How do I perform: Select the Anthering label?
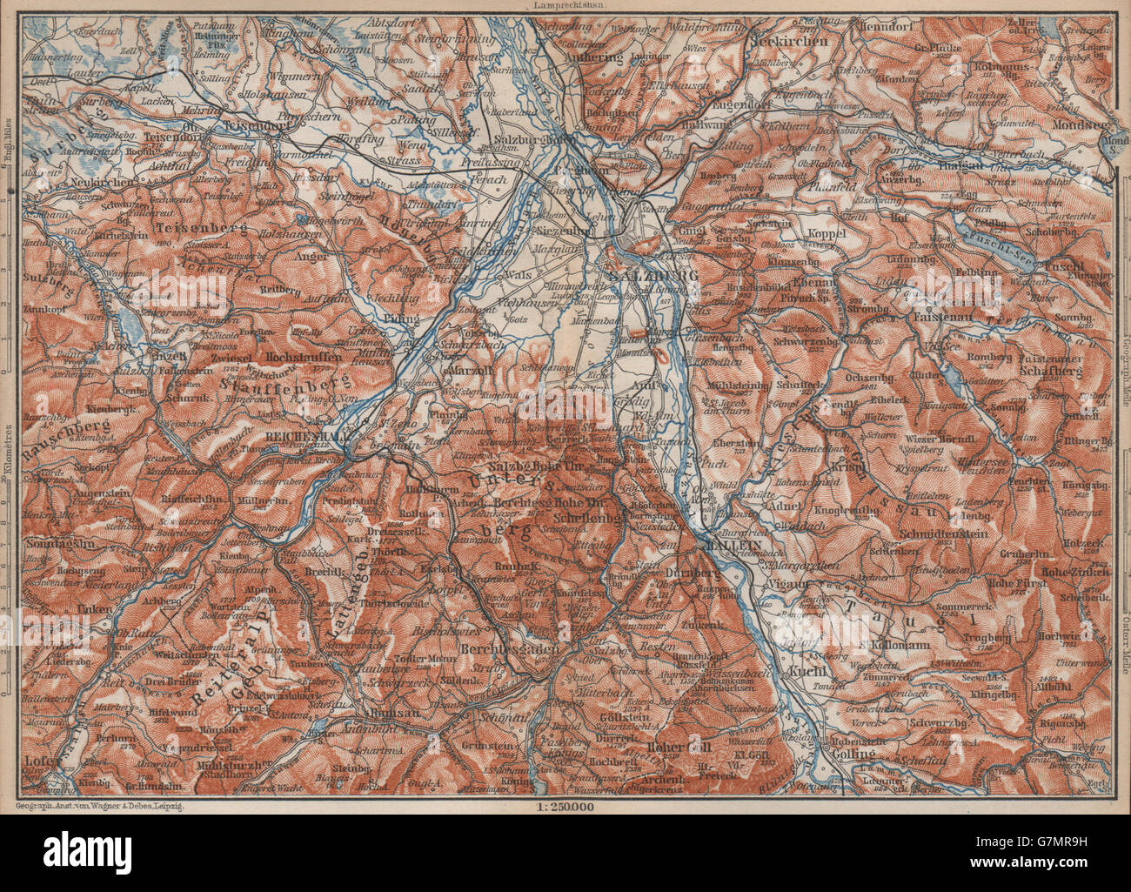point(595,57)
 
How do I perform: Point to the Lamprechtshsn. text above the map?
point(565,5)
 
